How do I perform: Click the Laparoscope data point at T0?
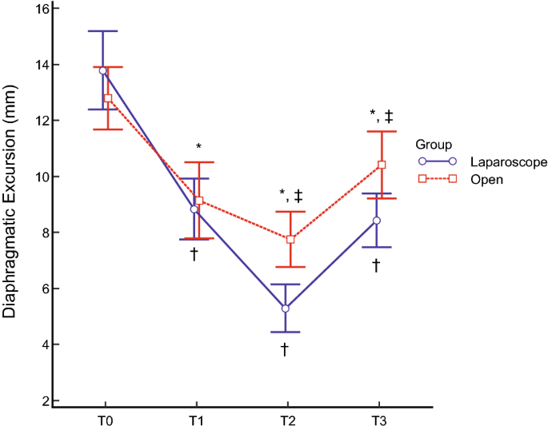click(102, 70)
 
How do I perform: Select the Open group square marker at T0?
click(108, 98)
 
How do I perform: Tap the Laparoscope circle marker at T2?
click(286, 308)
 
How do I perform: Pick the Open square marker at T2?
click(291, 239)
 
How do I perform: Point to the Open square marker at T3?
click(382, 165)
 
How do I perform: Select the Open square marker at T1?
click(199, 201)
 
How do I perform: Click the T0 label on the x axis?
click(106, 420)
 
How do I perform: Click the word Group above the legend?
click(434, 145)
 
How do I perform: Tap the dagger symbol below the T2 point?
click(284, 349)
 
